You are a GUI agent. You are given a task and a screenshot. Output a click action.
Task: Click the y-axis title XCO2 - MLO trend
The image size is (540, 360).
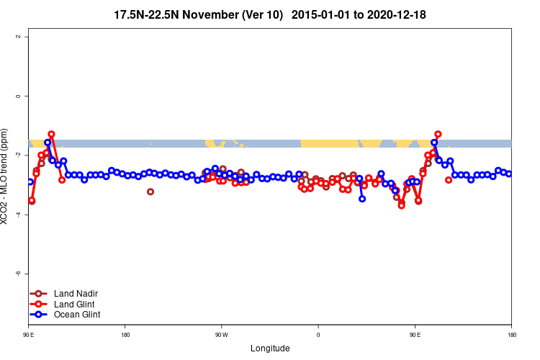click(x=7, y=181)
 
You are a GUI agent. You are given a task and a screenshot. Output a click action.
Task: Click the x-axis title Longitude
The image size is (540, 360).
click(x=270, y=348)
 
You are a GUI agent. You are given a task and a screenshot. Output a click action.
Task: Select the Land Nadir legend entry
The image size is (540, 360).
click(x=70, y=294)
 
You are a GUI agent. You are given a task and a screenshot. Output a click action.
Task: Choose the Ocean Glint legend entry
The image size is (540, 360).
click(x=71, y=315)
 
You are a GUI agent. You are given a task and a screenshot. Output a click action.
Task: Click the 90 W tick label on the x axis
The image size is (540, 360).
click(x=221, y=335)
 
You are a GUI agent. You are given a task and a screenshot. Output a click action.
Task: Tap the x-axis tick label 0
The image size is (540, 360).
click(x=318, y=335)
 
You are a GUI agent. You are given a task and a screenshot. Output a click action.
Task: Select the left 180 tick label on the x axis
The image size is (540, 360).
click(x=125, y=335)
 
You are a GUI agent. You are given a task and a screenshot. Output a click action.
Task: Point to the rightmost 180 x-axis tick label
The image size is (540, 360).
click(x=511, y=335)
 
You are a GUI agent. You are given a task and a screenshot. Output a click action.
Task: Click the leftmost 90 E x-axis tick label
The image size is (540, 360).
click(x=29, y=335)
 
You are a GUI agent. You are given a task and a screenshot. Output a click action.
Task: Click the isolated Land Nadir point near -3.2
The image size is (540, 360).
click(x=150, y=192)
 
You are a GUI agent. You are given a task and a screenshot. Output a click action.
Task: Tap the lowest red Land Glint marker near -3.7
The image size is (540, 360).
click(x=401, y=205)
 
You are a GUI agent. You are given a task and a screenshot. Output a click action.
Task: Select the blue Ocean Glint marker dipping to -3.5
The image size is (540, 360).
click(x=362, y=199)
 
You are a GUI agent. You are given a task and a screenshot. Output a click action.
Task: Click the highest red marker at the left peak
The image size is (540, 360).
click(x=52, y=134)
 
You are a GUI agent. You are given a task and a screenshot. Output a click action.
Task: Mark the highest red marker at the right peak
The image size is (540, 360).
click(x=438, y=134)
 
